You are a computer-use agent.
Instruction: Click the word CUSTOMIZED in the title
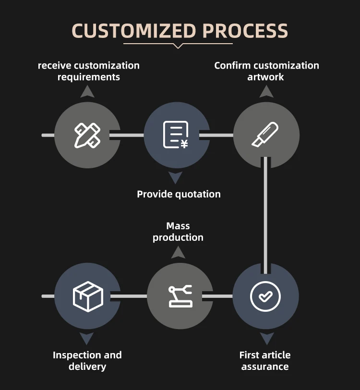[x=134, y=31]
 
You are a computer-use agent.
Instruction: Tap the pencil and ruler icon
[x=87, y=135]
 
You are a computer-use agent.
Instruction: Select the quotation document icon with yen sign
[x=176, y=135]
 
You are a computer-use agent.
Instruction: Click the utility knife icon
[x=265, y=135]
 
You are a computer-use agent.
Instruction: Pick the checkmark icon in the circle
[x=265, y=296]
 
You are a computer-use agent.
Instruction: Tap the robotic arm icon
[x=180, y=296]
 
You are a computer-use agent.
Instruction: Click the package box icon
[x=88, y=296]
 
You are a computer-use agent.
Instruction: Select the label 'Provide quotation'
[x=179, y=194]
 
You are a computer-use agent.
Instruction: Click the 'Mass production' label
[x=178, y=231]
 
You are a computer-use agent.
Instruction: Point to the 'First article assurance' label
[x=265, y=361]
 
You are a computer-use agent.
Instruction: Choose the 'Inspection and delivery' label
[x=87, y=361]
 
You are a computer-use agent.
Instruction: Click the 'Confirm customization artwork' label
[x=266, y=71]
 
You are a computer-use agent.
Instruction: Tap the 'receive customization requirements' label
[x=89, y=71]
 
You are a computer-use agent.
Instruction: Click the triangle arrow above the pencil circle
[x=87, y=92]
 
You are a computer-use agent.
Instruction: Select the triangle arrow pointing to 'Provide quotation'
[x=176, y=178]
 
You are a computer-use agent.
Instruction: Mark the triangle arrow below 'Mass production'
[x=178, y=252]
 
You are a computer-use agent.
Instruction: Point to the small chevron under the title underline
[x=178, y=46]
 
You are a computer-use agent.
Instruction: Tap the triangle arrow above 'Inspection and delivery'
[x=87, y=339]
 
